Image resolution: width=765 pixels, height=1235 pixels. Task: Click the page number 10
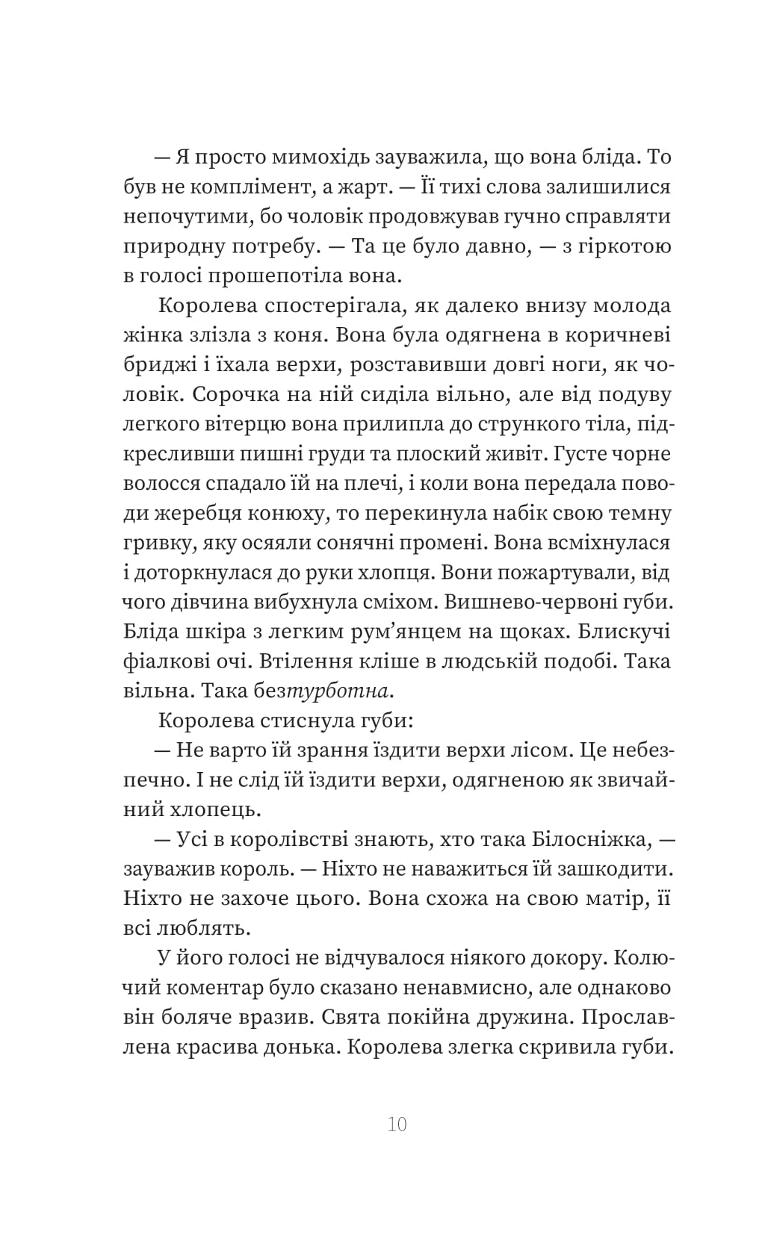pos(397,1124)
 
